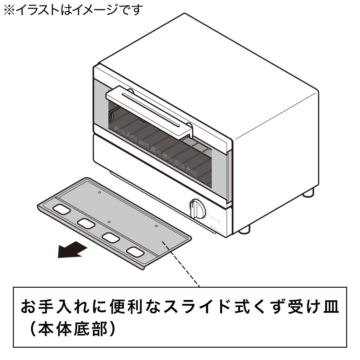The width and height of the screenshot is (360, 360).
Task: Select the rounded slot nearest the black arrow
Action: click(x=61, y=209)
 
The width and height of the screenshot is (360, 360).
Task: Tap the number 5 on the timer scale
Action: click(x=208, y=214)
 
